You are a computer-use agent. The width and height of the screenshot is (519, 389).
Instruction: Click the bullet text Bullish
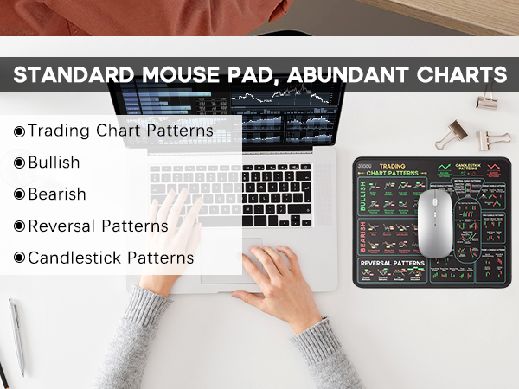54,162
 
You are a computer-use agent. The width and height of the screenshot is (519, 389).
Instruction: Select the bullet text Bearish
57,194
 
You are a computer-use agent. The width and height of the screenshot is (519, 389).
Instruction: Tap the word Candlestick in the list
75,258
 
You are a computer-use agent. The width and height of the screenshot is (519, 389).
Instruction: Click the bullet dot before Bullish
19,163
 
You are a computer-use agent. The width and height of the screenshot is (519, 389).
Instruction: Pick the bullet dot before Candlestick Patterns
19,258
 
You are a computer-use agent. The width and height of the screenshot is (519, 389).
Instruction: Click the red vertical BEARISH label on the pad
362,234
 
